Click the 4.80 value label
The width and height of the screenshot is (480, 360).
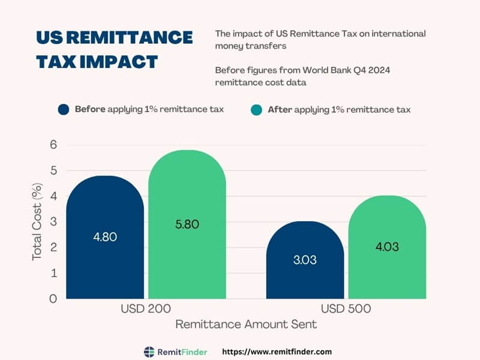click(x=105, y=236)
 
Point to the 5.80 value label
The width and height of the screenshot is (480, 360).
click(x=187, y=224)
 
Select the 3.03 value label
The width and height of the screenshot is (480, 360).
click(x=305, y=260)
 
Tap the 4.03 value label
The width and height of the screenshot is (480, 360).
click(x=387, y=247)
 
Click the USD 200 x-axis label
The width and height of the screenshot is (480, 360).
click(x=146, y=310)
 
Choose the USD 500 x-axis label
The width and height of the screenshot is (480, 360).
click(x=346, y=310)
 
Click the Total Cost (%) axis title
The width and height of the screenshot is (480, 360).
click(x=37, y=221)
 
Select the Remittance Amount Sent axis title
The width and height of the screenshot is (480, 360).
click(x=246, y=325)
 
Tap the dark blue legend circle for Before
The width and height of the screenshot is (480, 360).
click(x=64, y=110)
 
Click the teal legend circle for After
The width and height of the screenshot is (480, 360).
click(x=256, y=110)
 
